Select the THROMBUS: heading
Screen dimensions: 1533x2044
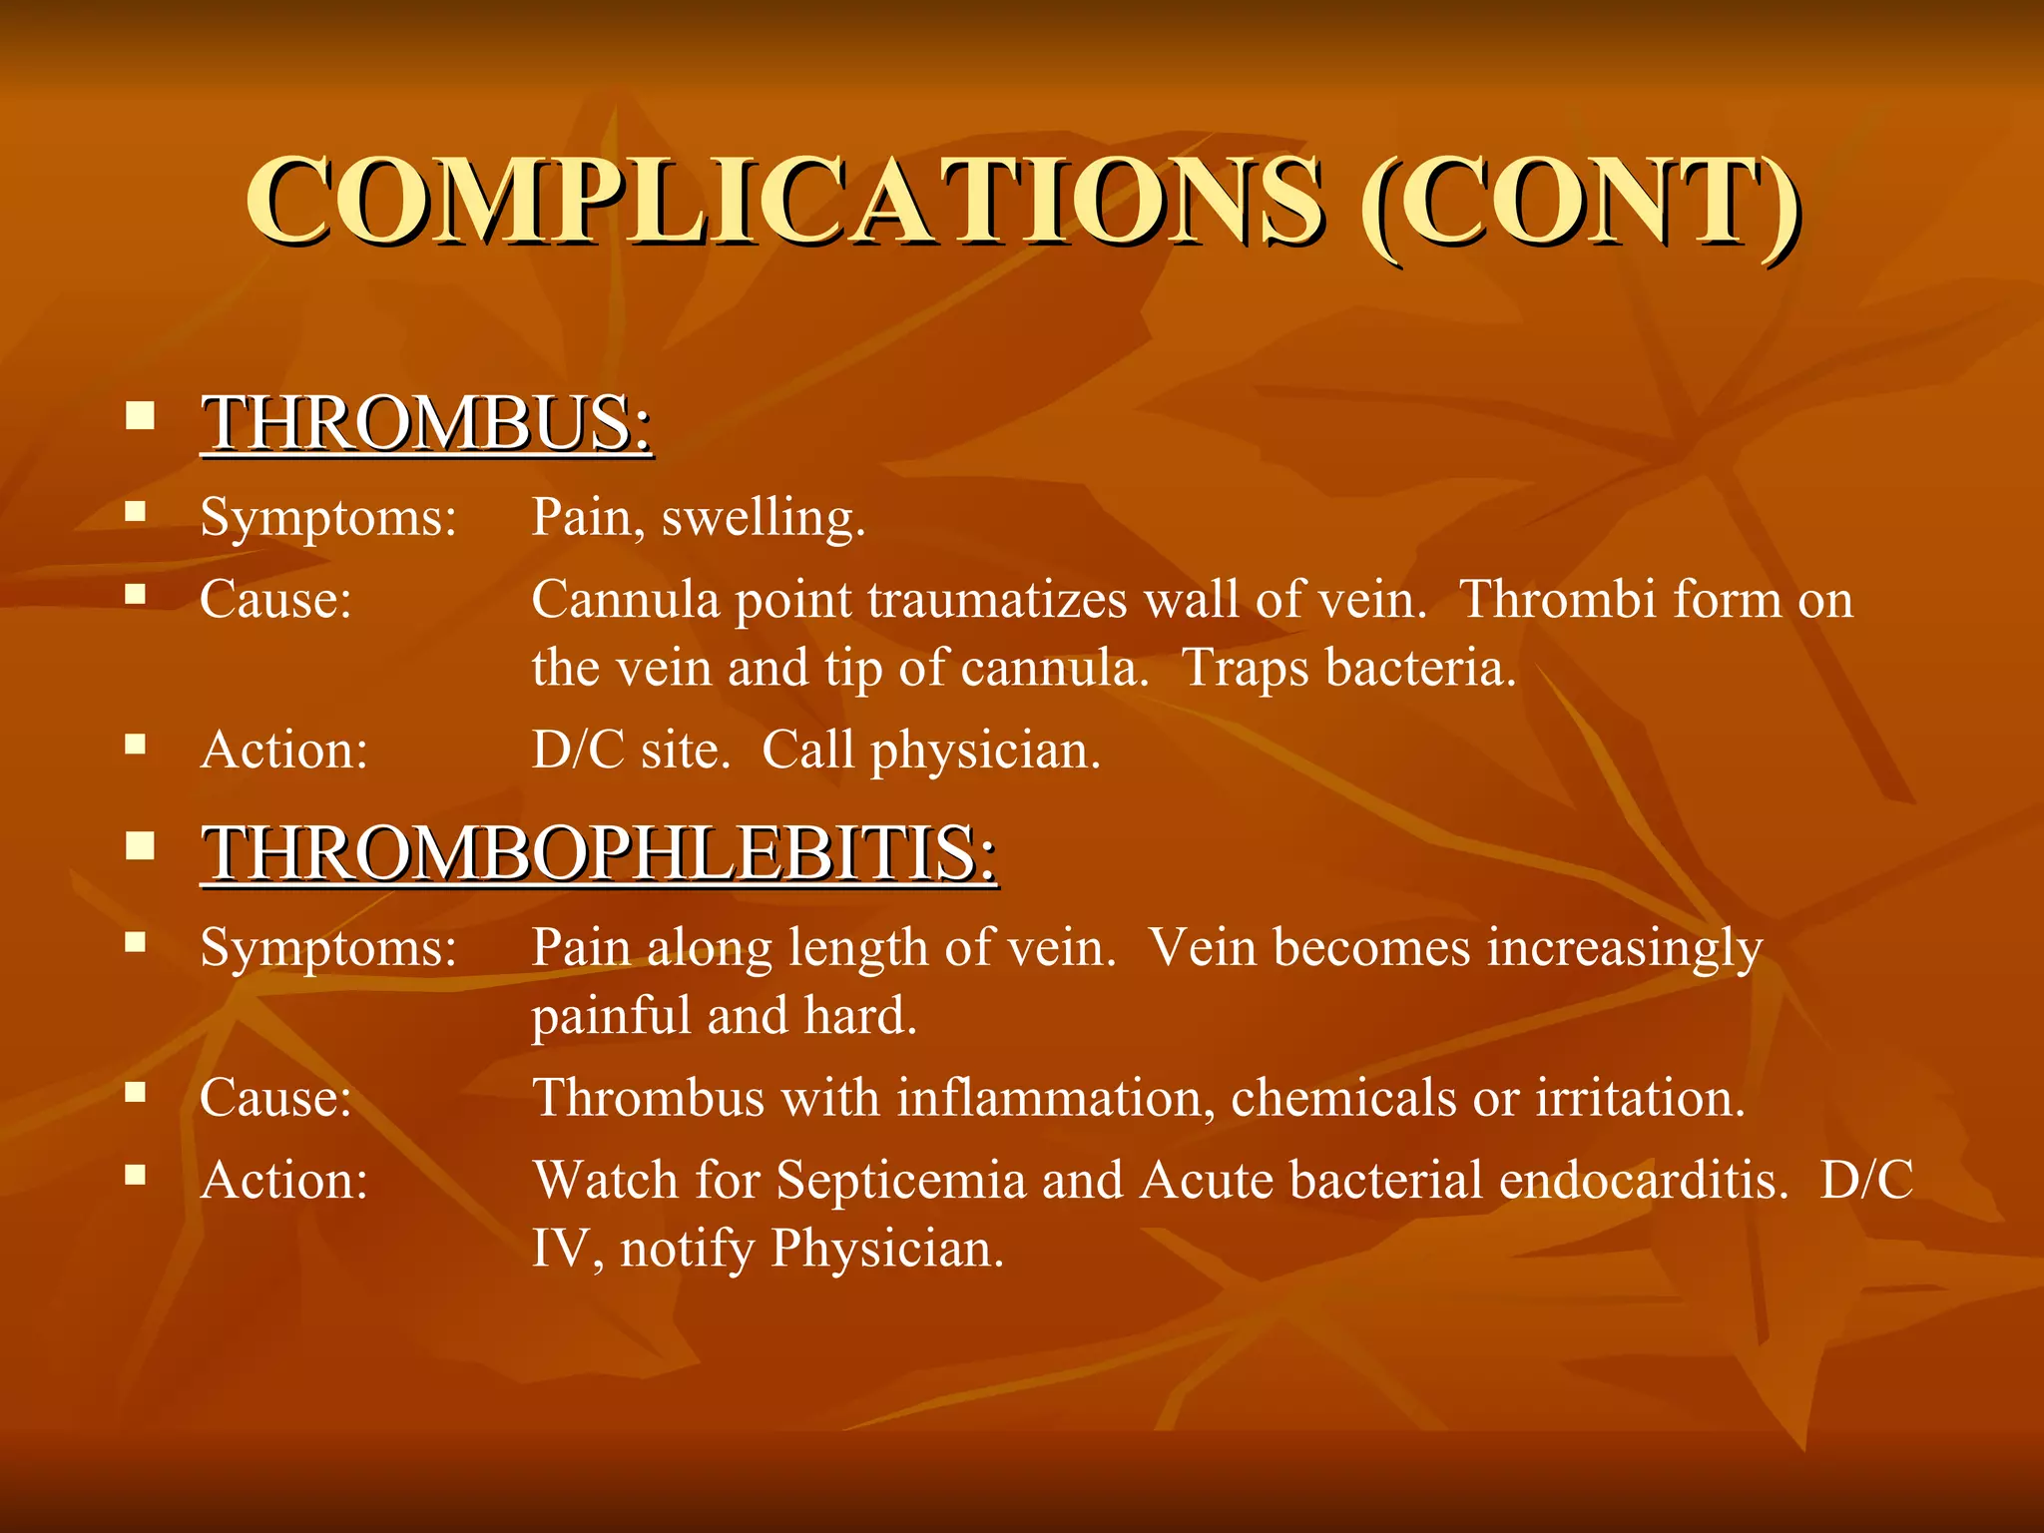(427, 423)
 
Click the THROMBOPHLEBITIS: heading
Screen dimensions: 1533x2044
(599, 853)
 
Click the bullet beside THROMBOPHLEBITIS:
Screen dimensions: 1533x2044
(140, 846)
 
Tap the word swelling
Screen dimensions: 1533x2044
(763, 519)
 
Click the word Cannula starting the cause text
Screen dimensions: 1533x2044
(625, 601)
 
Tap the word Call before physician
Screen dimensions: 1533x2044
(806, 751)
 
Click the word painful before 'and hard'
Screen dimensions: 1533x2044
(610, 1017)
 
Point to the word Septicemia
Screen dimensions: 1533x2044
(901, 1181)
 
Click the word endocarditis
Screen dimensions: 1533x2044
(1643, 1181)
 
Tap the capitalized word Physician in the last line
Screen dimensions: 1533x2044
(886, 1249)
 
